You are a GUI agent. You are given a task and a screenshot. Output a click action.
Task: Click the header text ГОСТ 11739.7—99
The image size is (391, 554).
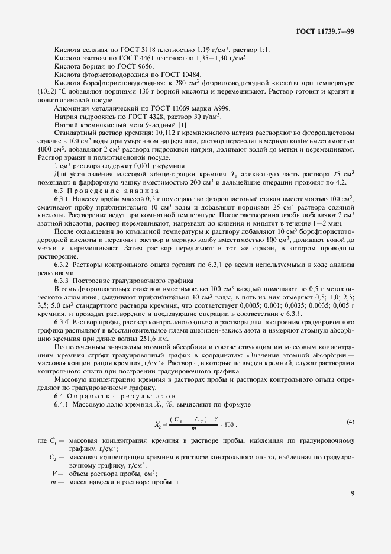(x=325, y=31)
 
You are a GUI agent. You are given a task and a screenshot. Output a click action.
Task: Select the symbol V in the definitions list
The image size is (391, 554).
(x=54, y=473)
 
